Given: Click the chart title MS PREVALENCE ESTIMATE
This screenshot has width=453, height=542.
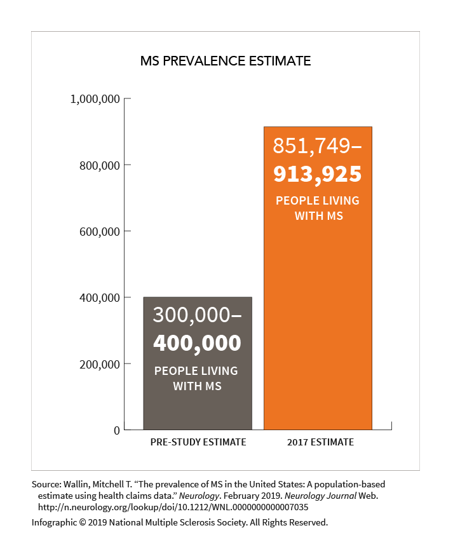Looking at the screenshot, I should point(226,62).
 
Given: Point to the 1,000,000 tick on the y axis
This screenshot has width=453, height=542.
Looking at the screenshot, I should point(95,99).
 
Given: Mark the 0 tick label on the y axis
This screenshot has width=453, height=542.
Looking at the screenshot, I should point(116,431).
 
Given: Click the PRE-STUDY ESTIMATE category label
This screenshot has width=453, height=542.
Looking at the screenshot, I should point(198,442).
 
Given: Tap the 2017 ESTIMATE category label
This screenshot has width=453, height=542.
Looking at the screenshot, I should point(318,442).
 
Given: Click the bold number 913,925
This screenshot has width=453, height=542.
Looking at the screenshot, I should point(318,173).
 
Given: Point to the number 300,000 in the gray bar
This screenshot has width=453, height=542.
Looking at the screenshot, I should point(192,315).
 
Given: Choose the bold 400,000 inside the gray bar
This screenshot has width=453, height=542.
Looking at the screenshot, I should point(198,343).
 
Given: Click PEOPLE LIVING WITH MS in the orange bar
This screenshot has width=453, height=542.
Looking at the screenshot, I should point(318,208).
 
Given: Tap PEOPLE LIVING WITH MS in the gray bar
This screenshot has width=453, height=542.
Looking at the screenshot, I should point(198,378).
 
